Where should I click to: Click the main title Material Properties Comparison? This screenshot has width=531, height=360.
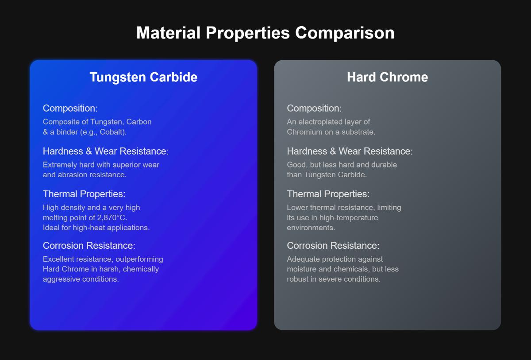[x=265, y=33]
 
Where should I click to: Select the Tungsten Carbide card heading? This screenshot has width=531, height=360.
[x=143, y=77]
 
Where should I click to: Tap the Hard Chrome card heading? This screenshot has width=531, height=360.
[x=387, y=77]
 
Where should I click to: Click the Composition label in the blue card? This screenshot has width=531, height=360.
[x=70, y=108]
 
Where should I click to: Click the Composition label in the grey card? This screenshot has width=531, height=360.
[x=314, y=108]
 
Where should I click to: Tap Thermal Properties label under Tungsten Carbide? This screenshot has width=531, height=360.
[x=84, y=194]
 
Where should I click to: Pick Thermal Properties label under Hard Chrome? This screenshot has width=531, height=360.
[x=328, y=194]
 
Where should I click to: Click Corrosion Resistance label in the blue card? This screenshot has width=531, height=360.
[x=88, y=245]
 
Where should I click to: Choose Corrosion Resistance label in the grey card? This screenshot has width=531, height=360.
[x=333, y=245]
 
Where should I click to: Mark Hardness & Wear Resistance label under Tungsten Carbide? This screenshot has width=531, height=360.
[x=105, y=151]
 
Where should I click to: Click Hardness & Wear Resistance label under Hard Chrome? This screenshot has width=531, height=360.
[x=350, y=151]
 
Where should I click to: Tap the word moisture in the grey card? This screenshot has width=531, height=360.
[x=302, y=269]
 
